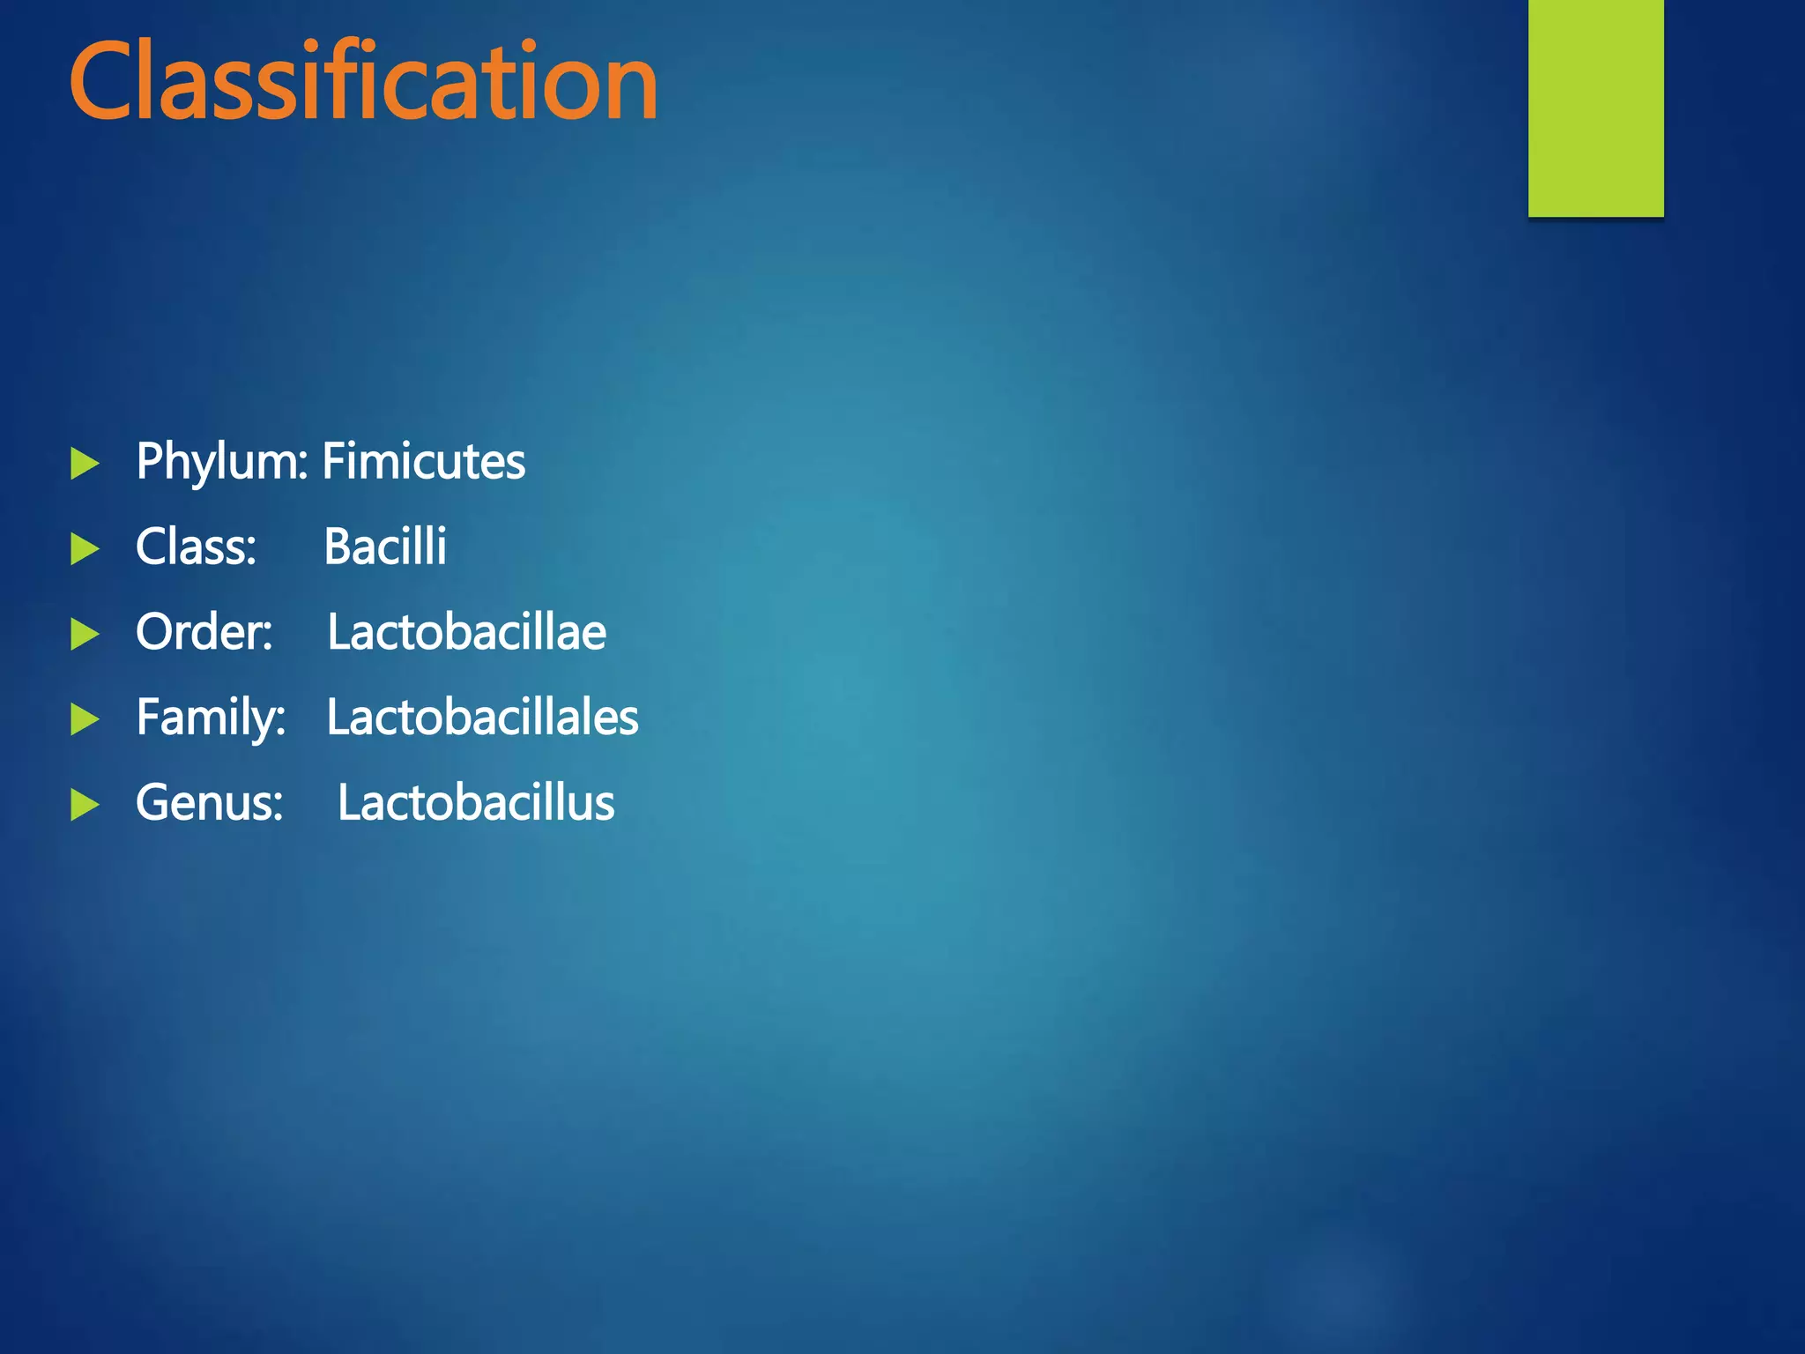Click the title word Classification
pos(363,81)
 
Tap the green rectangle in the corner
pos(1595,108)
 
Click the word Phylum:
pos(221,462)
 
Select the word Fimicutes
pos(424,462)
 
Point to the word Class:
pos(196,547)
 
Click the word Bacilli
pos(385,547)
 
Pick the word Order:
pos(204,632)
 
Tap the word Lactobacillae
pos(466,632)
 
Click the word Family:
pos(211,718)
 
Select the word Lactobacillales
pos(482,718)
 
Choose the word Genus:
pos(209,803)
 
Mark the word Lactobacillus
pos(476,803)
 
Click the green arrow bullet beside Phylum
pos(85,464)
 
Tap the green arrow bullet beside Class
pos(85,548)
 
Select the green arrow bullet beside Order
pos(85,634)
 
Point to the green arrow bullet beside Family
pos(85,719)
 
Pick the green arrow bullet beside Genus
pos(85,805)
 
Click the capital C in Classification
pos(102,81)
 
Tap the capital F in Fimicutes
pos(333,462)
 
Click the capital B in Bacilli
pos(339,547)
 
